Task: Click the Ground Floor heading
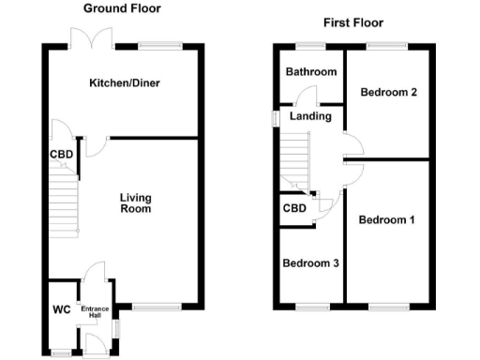click(122, 8)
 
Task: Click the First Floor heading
click(352, 22)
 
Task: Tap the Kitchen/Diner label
click(124, 83)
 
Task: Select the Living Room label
click(135, 202)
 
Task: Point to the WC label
click(62, 308)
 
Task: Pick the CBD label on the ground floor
click(62, 155)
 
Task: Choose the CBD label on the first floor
click(294, 208)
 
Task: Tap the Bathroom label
click(311, 72)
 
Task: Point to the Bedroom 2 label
click(387, 91)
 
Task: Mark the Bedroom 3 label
click(310, 263)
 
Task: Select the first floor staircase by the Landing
click(295, 159)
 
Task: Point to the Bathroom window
click(306, 45)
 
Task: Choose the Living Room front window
click(157, 306)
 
